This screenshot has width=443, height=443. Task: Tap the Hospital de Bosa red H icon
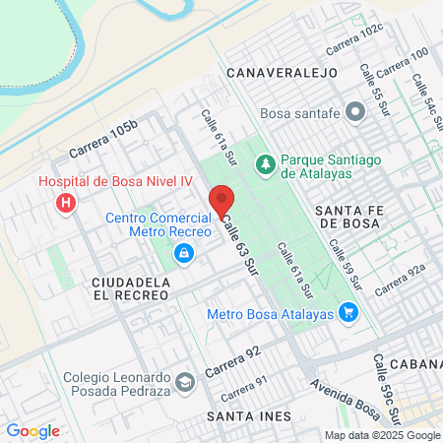pos(66,204)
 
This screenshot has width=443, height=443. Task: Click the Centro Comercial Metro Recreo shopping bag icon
pos(183,254)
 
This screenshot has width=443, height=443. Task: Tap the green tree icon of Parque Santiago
pos(265,162)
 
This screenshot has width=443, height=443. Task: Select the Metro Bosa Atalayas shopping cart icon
pos(348,314)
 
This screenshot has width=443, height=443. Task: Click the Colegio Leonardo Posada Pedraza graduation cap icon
pos(184,382)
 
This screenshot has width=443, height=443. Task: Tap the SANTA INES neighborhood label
pos(249,416)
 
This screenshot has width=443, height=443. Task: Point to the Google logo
pos(32,430)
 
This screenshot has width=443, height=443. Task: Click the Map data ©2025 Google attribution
pos(383,435)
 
